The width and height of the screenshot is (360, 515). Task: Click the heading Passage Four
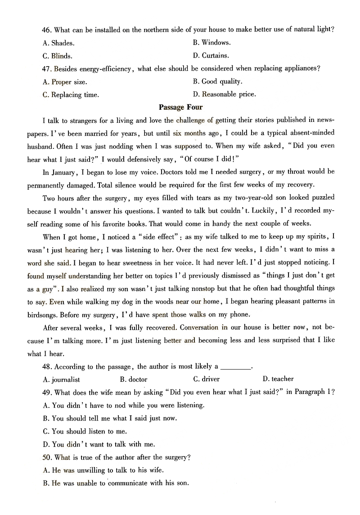(x=181, y=107)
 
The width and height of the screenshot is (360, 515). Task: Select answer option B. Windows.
(x=211, y=43)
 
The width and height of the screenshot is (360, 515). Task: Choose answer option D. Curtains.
(x=211, y=56)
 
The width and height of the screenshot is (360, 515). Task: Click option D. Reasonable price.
(x=224, y=94)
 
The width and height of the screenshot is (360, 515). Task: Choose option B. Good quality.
(x=217, y=81)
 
